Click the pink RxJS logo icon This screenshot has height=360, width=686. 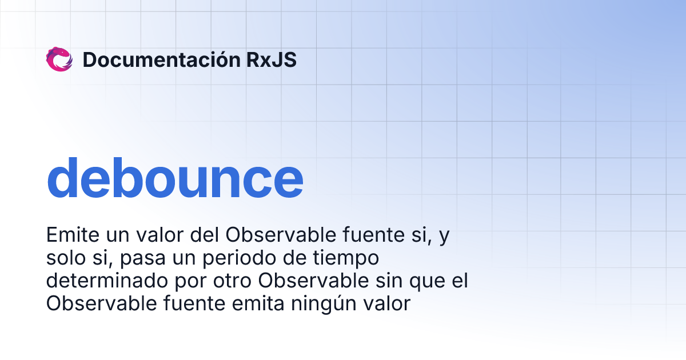tap(59, 59)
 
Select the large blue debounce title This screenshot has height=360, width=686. tap(174, 179)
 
